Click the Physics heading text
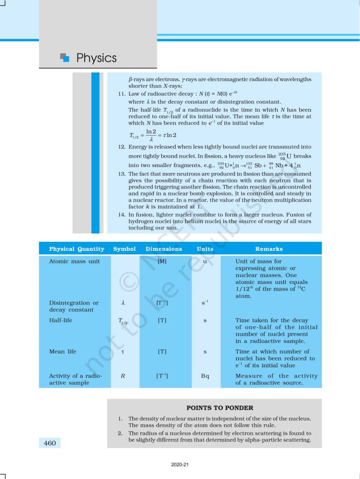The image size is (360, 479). (x=96, y=58)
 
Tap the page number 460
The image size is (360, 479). (x=49, y=443)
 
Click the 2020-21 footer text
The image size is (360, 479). (x=180, y=465)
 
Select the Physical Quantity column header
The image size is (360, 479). (x=76, y=249)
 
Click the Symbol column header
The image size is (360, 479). (x=125, y=249)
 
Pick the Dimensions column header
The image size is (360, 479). (x=164, y=249)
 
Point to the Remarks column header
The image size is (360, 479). (x=269, y=249)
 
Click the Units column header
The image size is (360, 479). (x=205, y=249)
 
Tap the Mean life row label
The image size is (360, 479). (x=63, y=351)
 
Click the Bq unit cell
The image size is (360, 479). (x=205, y=376)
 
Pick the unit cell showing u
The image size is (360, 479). (x=205, y=261)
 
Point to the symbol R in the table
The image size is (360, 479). (x=123, y=376)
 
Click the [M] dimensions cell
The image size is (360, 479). (x=162, y=261)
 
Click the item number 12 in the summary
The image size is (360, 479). (x=121, y=147)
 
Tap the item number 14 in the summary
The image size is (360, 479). (x=121, y=215)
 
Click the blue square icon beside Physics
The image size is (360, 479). (x=65, y=58)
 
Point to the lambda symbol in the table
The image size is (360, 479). (x=123, y=303)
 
